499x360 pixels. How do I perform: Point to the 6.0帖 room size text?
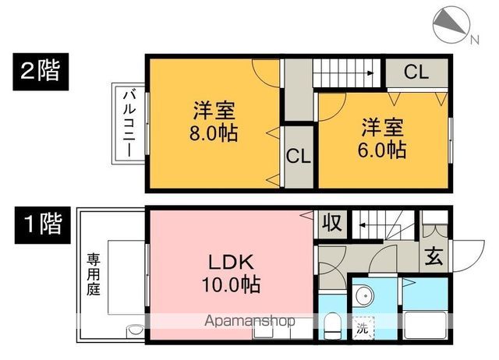pos(383,150)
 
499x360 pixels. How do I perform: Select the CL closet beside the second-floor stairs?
pos(416,72)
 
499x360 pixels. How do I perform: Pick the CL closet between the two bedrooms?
pos(297,154)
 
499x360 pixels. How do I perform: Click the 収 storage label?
pos(331,224)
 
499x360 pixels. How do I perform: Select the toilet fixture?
pos(331,325)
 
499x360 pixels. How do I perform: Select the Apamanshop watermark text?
pos(249,320)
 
